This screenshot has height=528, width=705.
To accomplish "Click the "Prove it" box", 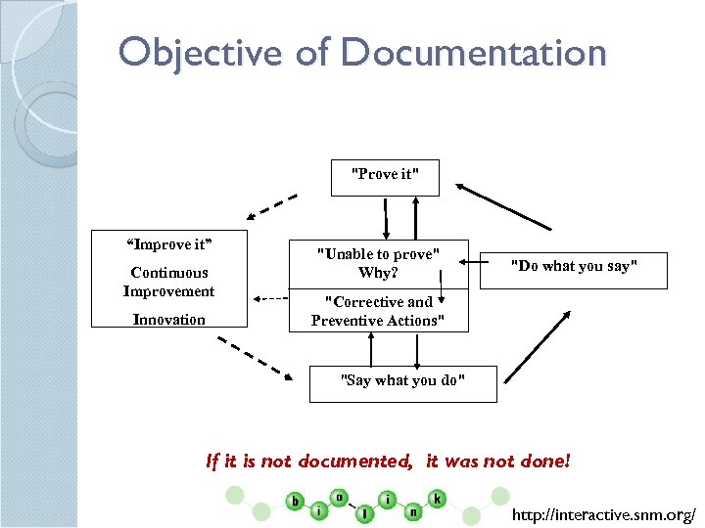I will [385, 176].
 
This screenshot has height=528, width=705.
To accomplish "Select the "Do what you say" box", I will [574, 267].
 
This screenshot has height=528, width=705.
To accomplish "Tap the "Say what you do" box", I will [402, 381].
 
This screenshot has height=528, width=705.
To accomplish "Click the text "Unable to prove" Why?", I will [378, 263].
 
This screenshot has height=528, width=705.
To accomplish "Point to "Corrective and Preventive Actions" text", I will [378, 311].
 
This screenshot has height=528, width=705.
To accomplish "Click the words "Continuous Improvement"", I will [168, 282].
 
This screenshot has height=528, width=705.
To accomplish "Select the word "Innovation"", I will [168, 320].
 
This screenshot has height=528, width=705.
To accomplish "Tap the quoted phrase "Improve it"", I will [168, 243].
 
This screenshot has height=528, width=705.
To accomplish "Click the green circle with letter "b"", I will [296, 502].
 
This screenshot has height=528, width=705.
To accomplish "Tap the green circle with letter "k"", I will [437, 499].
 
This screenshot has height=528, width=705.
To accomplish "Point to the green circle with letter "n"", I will [413, 511].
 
